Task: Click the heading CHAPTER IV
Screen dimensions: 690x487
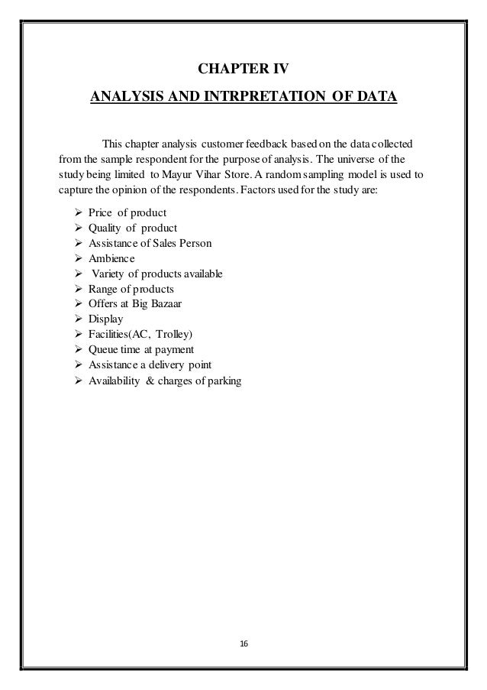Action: click(x=243, y=72)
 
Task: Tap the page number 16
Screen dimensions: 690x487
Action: click(x=243, y=644)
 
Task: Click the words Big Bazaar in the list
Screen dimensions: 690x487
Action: click(x=166, y=304)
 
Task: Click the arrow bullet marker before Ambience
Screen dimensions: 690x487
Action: click(x=78, y=258)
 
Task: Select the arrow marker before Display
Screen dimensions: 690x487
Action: click(x=78, y=320)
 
